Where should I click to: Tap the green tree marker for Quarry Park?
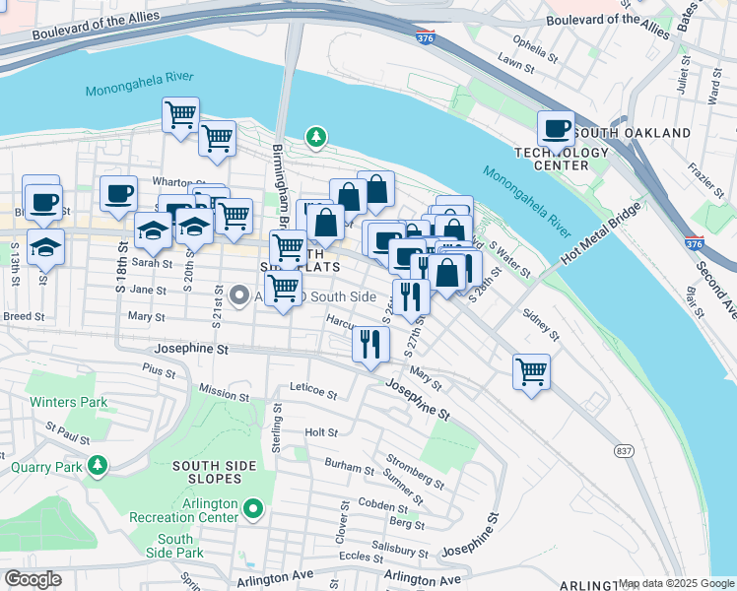click(x=97, y=464)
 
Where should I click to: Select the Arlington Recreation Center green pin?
click(x=253, y=509)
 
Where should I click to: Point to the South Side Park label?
click(x=174, y=546)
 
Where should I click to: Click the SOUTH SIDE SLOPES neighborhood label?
click(x=206, y=472)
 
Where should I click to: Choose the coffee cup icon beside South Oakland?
click(x=556, y=129)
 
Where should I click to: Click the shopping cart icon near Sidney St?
click(x=531, y=372)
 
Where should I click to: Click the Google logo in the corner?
click(x=33, y=579)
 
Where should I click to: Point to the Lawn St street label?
click(x=515, y=65)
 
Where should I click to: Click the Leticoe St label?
click(x=314, y=391)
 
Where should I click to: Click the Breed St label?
click(x=24, y=317)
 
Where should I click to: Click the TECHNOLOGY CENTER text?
click(x=562, y=159)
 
